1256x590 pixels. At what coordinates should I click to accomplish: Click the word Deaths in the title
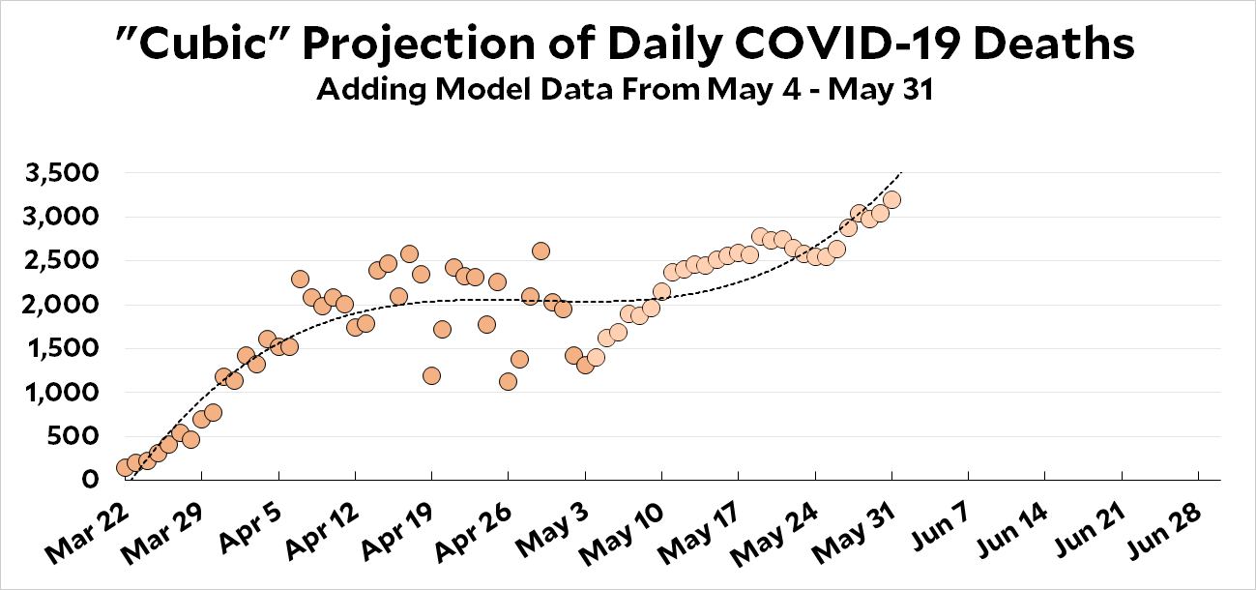[x=1054, y=44]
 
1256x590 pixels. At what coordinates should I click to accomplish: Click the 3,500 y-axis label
[x=62, y=173]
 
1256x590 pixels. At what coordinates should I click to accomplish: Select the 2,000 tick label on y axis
[x=62, y=306]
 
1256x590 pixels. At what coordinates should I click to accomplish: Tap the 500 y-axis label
[x=73, y=437]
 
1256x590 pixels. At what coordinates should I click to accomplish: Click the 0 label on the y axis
[x=90, y=481]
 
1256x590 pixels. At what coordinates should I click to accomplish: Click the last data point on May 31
[x=891, y=200]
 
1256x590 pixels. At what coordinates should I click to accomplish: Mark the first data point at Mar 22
[x=125, y=467]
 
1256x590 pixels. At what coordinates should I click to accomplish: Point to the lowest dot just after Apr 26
[x=508, y=382]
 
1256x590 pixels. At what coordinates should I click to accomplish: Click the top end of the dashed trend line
[x=901, y=171]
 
